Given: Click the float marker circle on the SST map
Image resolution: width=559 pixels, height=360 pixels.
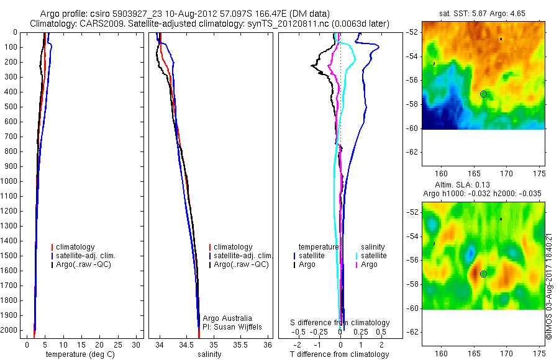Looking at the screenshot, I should click(483, 94).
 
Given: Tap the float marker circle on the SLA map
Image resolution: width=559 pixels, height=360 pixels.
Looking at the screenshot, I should click(483, 274).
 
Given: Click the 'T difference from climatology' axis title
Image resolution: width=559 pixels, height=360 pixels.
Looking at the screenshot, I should click(339, 354).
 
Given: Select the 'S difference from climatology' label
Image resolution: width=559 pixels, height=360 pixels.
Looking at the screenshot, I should click(340, 323).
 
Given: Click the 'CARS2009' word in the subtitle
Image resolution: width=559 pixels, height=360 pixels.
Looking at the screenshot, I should click(93, 24).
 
